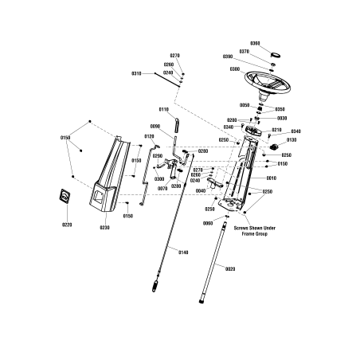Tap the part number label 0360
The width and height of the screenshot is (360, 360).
pos(255,42)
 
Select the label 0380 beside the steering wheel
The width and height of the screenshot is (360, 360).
pos(235,68)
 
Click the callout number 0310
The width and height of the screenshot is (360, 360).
pos(136,73)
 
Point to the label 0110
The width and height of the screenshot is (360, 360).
pos(163,109)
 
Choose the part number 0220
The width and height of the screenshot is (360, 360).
pos(67,225)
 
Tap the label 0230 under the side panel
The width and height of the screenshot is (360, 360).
pos(104,228)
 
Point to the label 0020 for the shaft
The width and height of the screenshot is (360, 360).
pos(229,270)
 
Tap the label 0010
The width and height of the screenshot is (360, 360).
pos(272,178)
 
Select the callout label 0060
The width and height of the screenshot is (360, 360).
pos(207,224)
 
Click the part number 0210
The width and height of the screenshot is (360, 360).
pos(277,129)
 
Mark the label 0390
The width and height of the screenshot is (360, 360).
pos(228,57)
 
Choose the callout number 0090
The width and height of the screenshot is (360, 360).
pos(155,127)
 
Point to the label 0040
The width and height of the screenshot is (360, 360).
pos(200,191)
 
